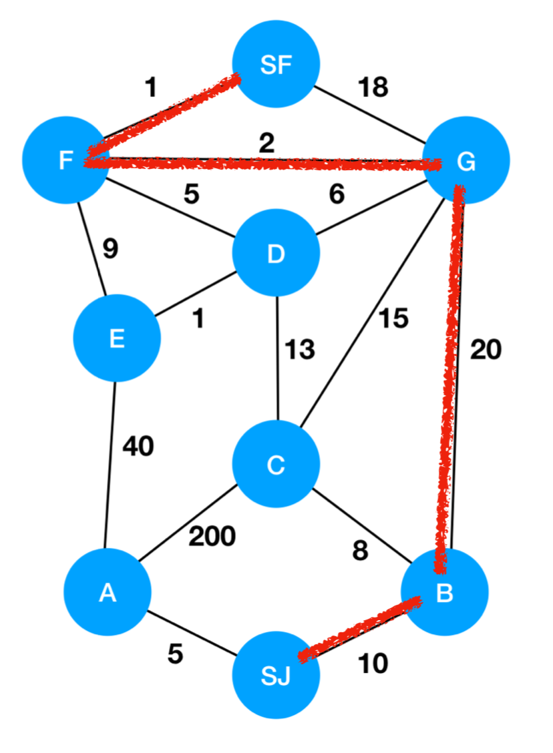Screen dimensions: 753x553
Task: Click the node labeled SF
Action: point(276,64)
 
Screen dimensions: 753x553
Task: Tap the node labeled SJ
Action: point(275,676)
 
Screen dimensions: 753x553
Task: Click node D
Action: point(275,254)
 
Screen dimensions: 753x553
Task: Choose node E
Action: point(117,338)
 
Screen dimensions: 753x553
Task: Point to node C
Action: point(275,465)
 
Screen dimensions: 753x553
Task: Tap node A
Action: point(107,591)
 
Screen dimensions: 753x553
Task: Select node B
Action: point(444,591)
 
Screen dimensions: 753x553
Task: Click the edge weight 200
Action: point(212,535)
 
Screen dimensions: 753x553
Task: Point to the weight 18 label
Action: point(373,87)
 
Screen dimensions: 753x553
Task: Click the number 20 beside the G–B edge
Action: point(486,349)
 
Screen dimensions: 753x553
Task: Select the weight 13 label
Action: point(300,348)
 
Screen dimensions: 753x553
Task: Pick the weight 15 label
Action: point(393,318)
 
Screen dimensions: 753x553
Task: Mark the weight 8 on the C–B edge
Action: point(360,552)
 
